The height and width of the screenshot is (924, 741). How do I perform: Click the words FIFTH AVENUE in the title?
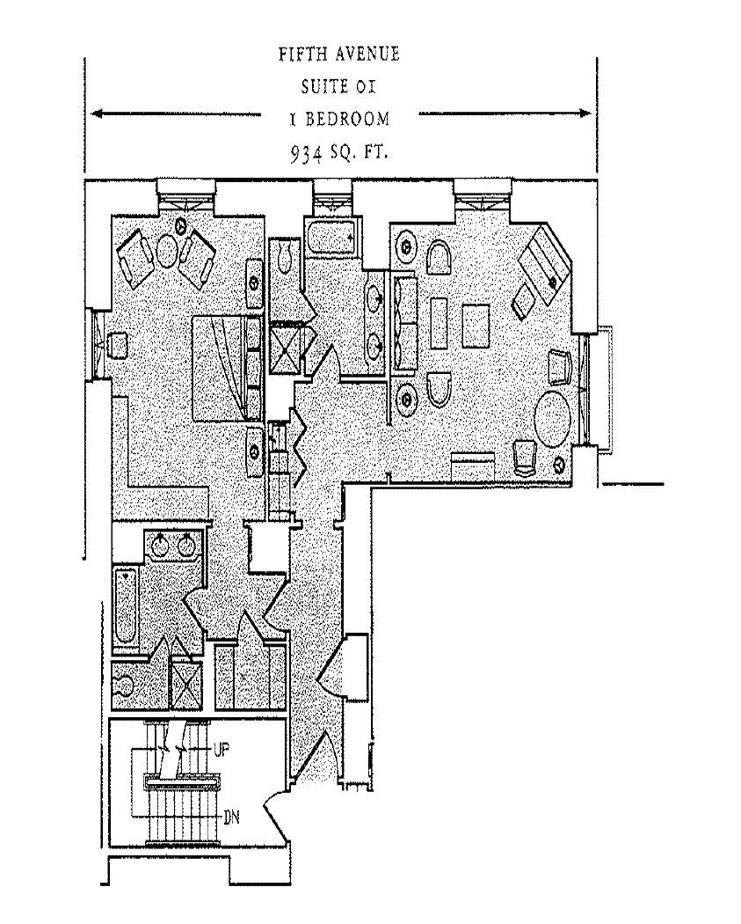(x=338, y=55)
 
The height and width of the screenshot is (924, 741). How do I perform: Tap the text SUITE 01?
(x=338, y=86)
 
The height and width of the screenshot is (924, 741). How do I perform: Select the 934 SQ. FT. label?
(x=339, y=152)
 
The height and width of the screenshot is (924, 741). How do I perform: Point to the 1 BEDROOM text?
(x=339, y=118)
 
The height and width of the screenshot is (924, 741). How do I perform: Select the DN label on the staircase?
(x=232, y=817)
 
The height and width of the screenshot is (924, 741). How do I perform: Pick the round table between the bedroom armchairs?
(x=167, y=250)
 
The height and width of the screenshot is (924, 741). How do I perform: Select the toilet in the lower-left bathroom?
(x=126, y=685)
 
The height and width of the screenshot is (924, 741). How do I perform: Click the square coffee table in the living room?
(x=476, y=326)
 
